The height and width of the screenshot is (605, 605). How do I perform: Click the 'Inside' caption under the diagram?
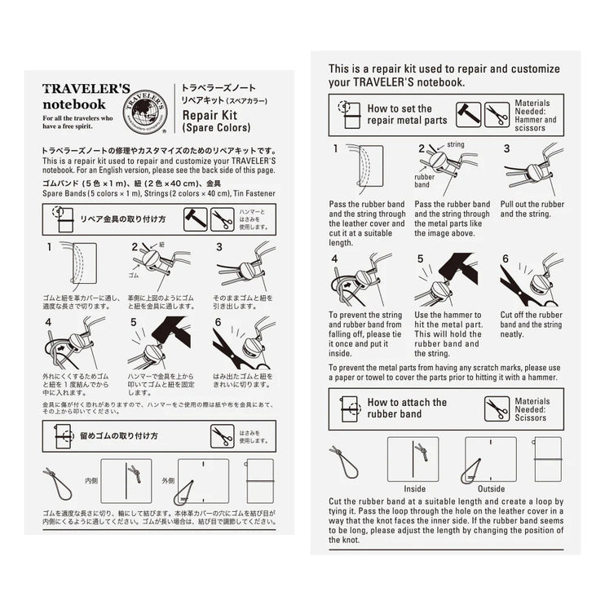click(413, 489)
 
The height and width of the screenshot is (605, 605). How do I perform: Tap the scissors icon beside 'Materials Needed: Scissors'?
click(496, 408)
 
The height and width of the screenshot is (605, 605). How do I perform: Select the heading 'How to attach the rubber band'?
click(406, 408)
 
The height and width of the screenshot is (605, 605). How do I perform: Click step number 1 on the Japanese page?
click(49, 245)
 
